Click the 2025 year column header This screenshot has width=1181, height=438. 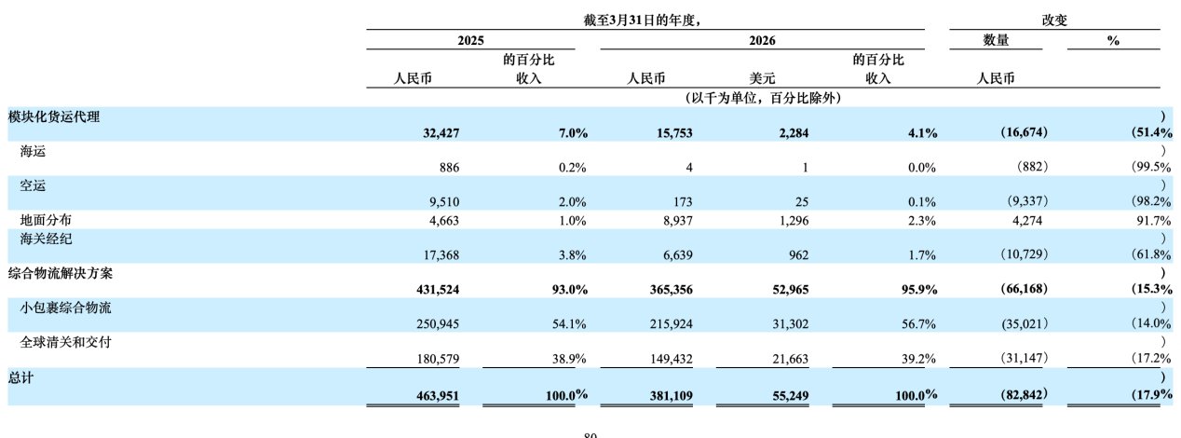(x=470, y=41)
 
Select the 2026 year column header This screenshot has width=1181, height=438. (x=762, y=41)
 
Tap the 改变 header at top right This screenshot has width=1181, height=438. (x=1054, y=21)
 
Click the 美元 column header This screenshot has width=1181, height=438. (x=762, y=78)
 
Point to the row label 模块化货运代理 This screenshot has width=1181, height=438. (x=54, y=116)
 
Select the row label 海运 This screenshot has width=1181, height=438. (x=33, y=152)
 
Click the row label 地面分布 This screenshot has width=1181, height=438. (x=46, y=220)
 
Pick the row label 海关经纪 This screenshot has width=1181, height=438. (x=46, y=240)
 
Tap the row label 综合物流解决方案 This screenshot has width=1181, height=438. (x=61, y=273)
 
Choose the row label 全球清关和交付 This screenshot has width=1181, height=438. (x=65, y=342)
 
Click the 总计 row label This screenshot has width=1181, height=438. (x=20, y=377)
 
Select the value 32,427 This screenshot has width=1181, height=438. (x=441, y=133)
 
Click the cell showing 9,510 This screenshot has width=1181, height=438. (x=444, y=201)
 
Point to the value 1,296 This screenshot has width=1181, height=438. (x=794, y=221)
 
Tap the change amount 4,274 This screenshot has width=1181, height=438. (x=1027, y=221)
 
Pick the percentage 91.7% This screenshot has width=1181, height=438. (x=1153, y=221)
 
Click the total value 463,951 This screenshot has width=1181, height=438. (x=438, y=395)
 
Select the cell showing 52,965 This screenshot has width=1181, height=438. (x=791, y=289)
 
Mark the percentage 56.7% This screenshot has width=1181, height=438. (x=918, y=323)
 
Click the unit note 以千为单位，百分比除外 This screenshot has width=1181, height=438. (x=763, y=98)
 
